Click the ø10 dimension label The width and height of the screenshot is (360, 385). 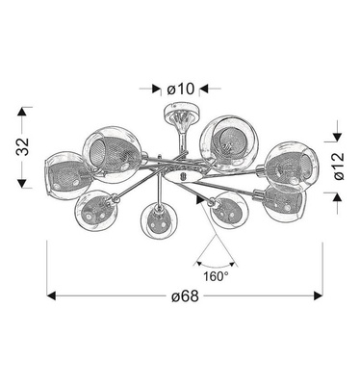(180, 89)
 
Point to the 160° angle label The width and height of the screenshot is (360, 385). (216, 275)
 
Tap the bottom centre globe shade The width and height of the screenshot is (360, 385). (155, 223)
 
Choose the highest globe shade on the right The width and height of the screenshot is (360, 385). (223, 142)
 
